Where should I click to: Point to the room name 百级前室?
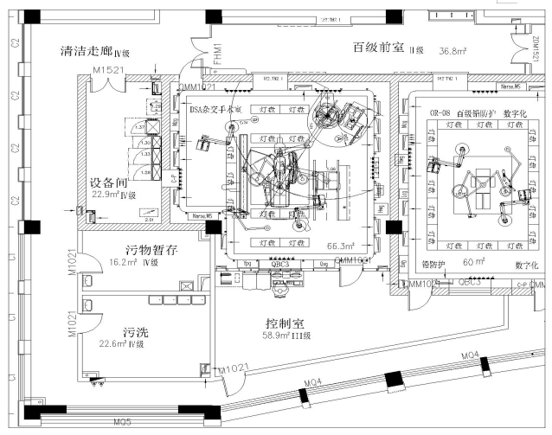(379, 48)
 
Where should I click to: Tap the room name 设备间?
(110, 183)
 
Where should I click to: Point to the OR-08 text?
(442, 112)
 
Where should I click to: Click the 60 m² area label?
(471, 259)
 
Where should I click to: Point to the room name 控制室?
(290, 323)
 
